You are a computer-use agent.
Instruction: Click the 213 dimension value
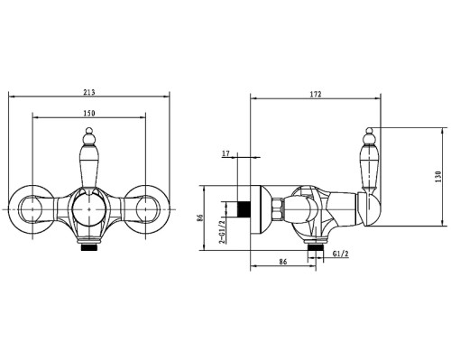[89, 92]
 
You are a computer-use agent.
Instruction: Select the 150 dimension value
[89, 113]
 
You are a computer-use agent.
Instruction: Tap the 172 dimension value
[316, 94]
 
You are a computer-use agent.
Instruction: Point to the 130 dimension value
[437, 177]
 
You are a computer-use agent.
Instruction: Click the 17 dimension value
[225, 153]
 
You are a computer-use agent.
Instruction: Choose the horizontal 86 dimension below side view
[283, 262]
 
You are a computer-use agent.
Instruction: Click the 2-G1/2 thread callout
[222, 232]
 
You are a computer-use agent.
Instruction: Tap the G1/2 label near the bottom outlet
[341, 254]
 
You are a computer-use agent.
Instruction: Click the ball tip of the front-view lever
[89, 131]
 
